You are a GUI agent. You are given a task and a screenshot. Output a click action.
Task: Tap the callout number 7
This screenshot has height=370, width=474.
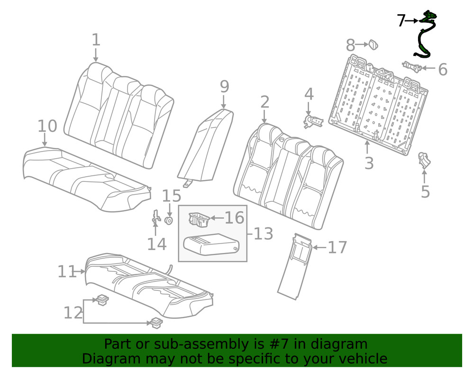[x=401, y=21]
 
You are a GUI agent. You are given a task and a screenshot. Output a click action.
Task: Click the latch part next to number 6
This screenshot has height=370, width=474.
[x=412, y=67]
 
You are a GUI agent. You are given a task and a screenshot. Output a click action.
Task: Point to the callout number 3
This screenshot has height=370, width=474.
[x=369, y=162]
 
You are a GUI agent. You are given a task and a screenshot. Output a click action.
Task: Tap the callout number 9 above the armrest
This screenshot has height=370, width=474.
[x=224, y=87]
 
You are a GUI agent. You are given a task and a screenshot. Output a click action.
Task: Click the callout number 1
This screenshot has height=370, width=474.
[x=96, y=40]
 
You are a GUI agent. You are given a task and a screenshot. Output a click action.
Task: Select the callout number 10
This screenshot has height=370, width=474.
[x=47, y=126]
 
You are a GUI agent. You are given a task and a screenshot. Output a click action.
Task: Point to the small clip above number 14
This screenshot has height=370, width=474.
[x=155, y=217]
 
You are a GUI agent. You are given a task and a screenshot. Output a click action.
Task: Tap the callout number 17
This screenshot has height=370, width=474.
[x=337, y=247]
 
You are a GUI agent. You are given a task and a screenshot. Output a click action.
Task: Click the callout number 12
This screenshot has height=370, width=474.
[x=73, y=313]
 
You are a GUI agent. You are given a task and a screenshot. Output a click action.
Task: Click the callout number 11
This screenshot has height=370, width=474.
[x=67, y=271]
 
